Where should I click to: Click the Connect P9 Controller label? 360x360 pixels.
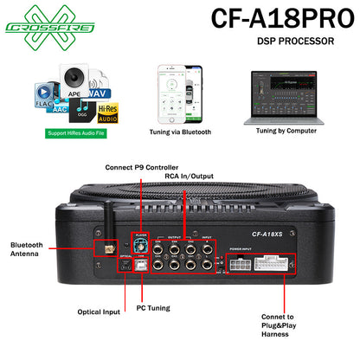(x=144, y=167)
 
